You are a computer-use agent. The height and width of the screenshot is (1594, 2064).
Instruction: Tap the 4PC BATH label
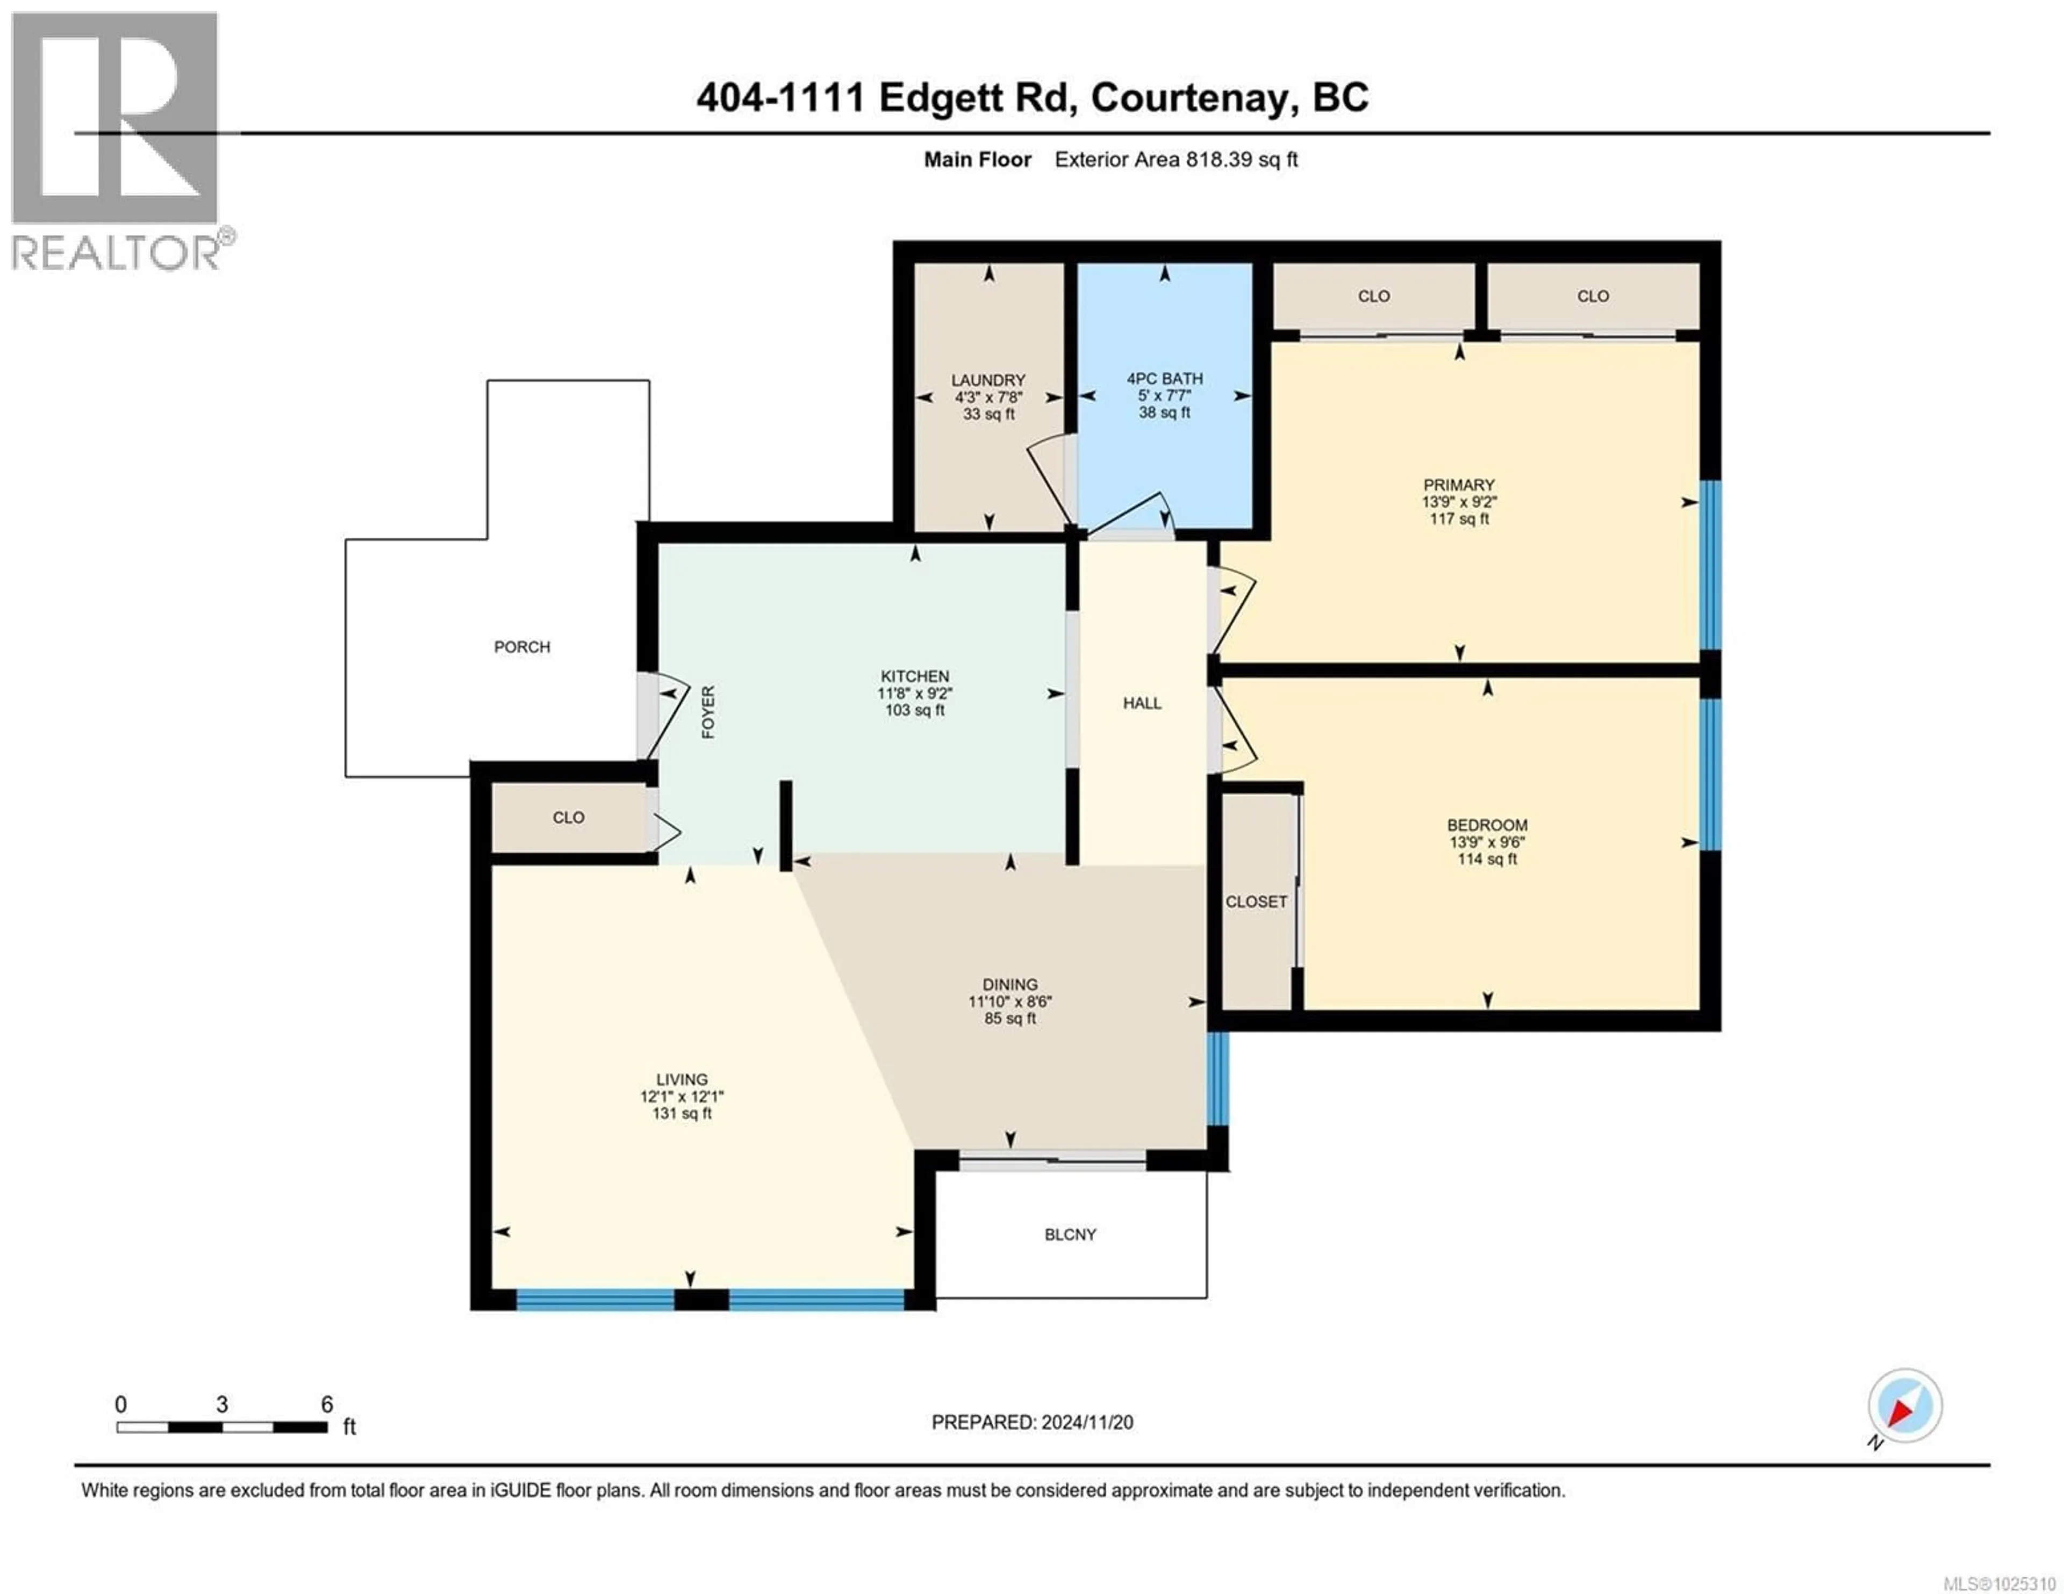pyautogui.click(x=1164, y=378)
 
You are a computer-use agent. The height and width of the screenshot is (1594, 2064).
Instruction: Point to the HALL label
pyautogui.click(x=1142, y=703)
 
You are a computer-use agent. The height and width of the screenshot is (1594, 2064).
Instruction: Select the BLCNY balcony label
pyautogui.click(x=1070, y=1234)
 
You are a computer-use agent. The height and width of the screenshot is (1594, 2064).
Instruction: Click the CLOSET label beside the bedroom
pyautogui.click(x=1256, y=901)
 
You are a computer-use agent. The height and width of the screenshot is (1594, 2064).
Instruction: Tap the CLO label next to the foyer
pyautogui.click(x=568, y=817)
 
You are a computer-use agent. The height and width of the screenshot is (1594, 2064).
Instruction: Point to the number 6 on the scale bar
pyautogui.click(x=327, y=1404)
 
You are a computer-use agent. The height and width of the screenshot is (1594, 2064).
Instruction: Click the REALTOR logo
pyautogui.click(x=116, y=142)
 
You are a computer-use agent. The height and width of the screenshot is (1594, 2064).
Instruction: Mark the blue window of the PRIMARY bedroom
pyautogui.click(x=1710, y=565)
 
